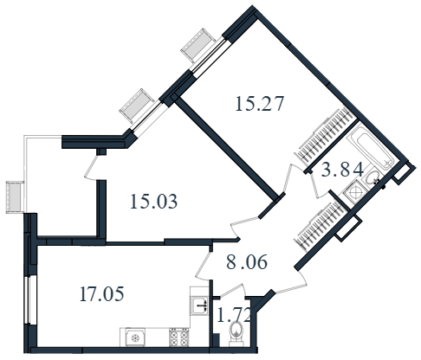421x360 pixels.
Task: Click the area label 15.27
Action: coord(260,104)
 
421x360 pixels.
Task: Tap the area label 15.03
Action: coord(153,202)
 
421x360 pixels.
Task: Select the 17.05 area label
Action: coord(101,294)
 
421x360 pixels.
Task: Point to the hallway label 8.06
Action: coord(247,262)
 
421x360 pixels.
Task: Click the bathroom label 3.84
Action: coord(342,170)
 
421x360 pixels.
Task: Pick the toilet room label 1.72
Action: coord(233,315)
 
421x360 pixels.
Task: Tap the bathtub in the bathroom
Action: coord(372,146)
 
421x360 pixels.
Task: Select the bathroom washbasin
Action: coord(372,178)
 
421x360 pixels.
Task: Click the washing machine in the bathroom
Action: coord(354,192)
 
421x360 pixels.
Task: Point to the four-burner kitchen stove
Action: coord(179,337)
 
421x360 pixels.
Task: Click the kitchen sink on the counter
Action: coord(199,305)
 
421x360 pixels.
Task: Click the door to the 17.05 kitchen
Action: coord(203,265)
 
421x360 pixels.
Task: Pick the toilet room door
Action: coord(233,291)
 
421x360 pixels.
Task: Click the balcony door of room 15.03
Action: coord(91,168)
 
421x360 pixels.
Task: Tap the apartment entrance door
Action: coord(291,283)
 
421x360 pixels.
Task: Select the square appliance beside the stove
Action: coord(133,337)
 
